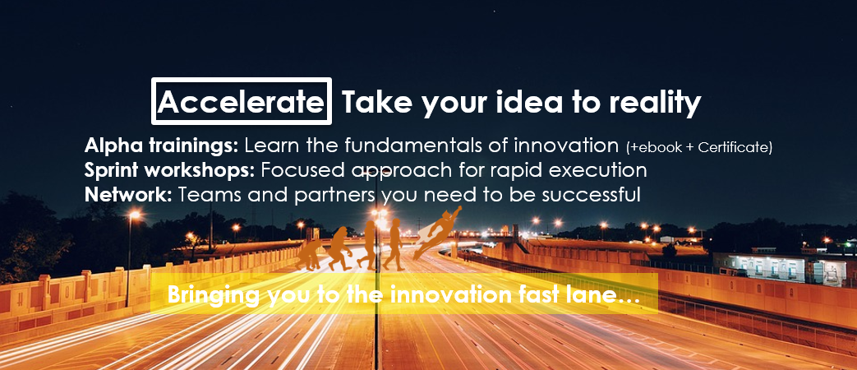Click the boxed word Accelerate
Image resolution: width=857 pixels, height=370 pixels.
click(242, 102)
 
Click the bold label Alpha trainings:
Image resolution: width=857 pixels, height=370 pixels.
click(161, 146)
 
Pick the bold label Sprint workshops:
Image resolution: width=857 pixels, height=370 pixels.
click(169, 170)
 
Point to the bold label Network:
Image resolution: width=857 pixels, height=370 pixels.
click(128, 194)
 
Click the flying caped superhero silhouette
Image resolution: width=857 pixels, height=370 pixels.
click(436, 232)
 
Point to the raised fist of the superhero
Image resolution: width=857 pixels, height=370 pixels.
click(458, 208)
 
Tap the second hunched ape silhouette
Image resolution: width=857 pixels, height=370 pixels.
click(340, 248)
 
